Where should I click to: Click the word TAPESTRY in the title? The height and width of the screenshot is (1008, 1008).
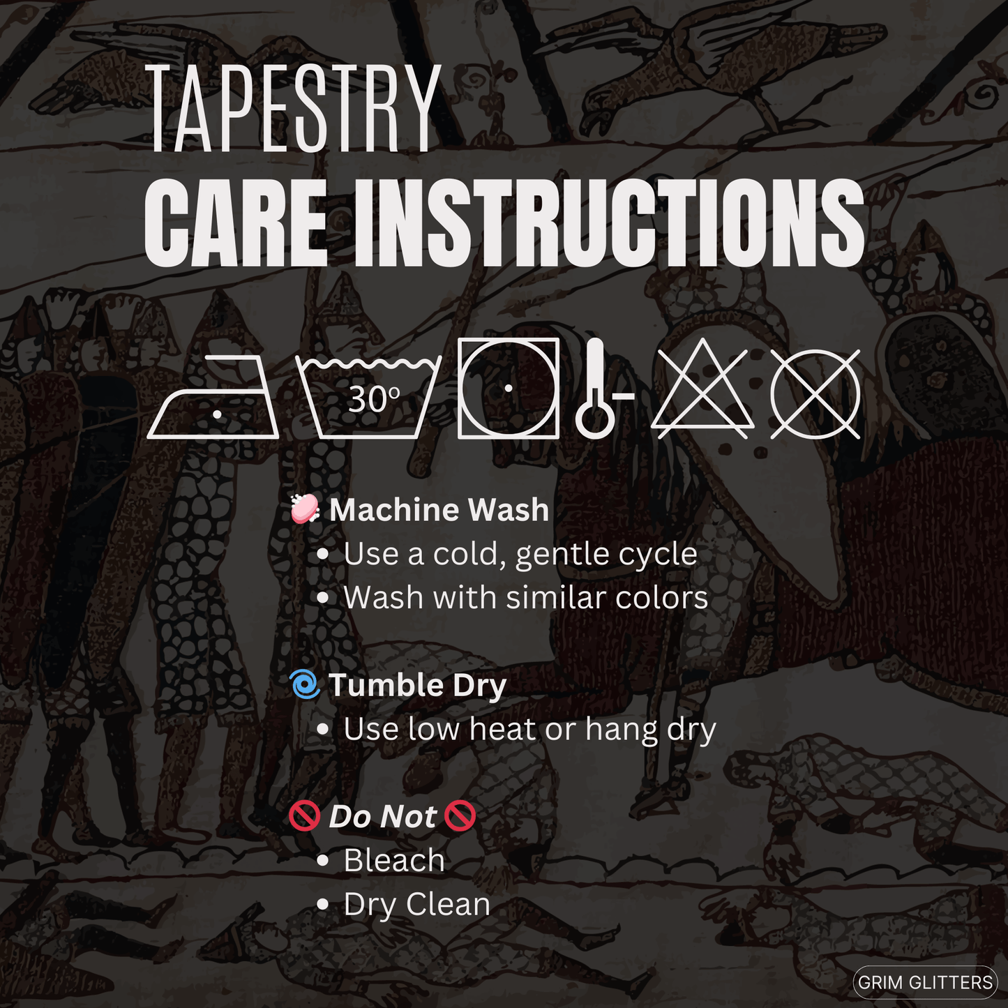point(294,108)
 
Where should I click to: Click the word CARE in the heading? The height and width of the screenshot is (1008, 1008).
point(234,223)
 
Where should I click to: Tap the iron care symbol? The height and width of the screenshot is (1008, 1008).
point(213,396)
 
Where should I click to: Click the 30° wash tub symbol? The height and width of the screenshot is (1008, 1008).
point(369,398)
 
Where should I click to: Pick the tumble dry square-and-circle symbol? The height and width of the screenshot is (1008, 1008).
point(509,388)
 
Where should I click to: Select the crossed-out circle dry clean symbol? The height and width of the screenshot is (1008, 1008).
point(815,394)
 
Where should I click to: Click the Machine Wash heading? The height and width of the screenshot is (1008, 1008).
point(439,509)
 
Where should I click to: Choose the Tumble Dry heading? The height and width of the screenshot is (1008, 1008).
point(417,686)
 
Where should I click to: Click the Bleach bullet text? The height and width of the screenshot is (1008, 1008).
point(394,860)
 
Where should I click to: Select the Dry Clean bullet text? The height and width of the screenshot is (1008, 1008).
point(417,905)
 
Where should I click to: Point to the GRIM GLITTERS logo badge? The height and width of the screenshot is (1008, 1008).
point(925,982)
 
